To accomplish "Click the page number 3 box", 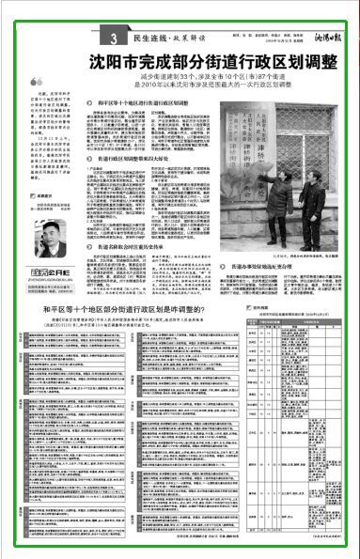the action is click(x=112, y=39).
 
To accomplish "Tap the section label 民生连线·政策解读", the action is click(x=156, y=39).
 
